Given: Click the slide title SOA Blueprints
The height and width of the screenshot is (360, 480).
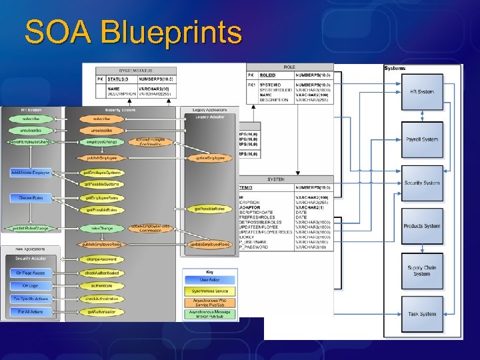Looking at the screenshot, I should tap(133, 32).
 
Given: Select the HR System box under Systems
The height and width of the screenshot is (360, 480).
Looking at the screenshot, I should tap(421, 92).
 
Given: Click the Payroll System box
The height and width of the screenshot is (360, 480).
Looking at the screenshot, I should tap(421, 139).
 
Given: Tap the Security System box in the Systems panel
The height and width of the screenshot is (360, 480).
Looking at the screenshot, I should tap(421, 183).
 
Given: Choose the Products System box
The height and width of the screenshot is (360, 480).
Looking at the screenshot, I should tap(421, 226).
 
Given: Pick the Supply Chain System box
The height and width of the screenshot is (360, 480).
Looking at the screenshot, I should tap(421, 270).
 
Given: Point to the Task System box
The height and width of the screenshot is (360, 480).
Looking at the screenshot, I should tap(421, 314).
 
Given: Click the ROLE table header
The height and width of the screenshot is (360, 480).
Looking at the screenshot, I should tap(289, 67).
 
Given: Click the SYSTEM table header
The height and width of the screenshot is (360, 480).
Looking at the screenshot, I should tap(276, 179).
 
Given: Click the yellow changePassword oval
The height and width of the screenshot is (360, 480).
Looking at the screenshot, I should tap(101, 259).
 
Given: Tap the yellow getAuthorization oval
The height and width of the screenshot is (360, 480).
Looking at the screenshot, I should tap(101, 311).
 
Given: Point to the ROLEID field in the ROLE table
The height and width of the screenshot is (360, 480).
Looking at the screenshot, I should tap(267, 75).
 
